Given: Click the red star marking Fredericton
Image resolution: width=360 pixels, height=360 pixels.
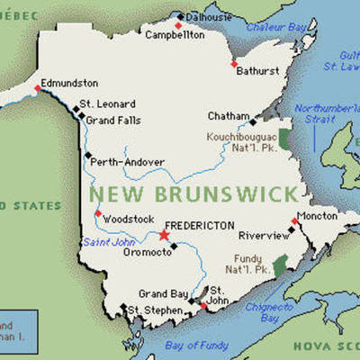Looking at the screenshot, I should coord(164,236).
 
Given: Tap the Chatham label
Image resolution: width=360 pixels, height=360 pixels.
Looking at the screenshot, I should coord(229,115).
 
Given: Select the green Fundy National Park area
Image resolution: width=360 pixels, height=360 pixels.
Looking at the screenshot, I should coord(280,265).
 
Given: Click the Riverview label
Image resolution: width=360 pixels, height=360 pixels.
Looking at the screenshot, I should coord(264,235).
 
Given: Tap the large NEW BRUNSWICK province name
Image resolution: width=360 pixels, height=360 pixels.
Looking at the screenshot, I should coord(193,193).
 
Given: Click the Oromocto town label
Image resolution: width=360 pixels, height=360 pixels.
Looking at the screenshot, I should coord(146,252).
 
